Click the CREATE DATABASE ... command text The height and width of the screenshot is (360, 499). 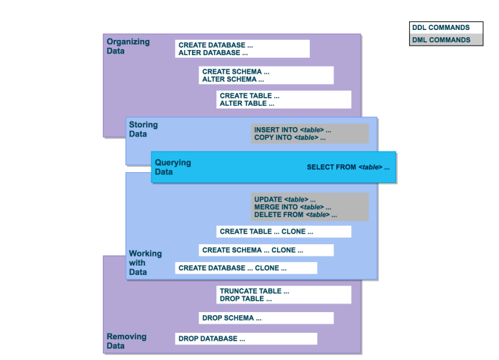[216, 45]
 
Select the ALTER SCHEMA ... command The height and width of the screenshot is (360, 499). [235, 79]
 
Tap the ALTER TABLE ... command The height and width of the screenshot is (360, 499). [247, 104]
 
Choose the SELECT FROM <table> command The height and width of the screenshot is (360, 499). [348, 167]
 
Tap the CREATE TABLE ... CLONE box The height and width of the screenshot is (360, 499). [283, 231]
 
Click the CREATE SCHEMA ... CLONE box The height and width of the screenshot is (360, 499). [266, 250]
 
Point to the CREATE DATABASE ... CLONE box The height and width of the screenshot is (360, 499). [246, 268]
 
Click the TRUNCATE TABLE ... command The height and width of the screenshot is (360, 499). [254, 291]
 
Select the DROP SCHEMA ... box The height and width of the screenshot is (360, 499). [266, 318]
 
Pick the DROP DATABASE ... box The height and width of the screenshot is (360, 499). [246, 339]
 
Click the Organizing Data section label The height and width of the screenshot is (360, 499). [128, 46]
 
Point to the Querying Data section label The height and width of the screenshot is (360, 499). [173, 167]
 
